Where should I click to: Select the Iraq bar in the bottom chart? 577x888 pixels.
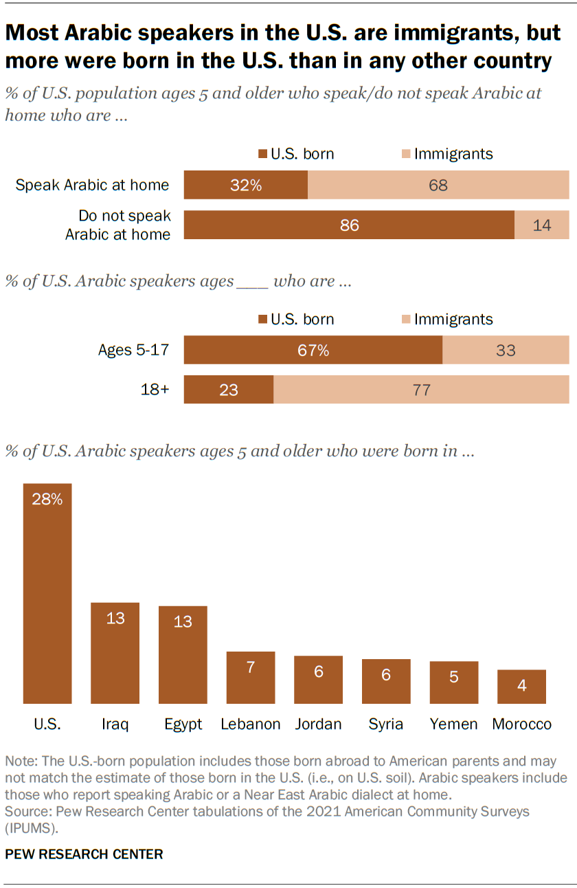[115, 653]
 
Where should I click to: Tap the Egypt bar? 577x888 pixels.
[183, 654]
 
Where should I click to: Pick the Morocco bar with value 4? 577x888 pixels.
[522, 687]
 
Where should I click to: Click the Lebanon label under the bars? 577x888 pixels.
[251, 724]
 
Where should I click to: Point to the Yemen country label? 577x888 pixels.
[453, 724]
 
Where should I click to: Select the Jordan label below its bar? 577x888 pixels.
[318, 724]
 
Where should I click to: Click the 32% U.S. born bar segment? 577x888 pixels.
[246, 185]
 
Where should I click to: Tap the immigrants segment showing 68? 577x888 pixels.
[438, 185]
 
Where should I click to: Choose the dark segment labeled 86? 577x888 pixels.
[349, 225]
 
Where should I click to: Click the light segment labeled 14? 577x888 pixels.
[542, 225]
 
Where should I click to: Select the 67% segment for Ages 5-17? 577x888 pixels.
[313, 351]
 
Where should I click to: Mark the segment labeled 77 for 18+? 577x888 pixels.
[421, 390]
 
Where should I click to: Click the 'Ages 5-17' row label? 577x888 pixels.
[134, 351]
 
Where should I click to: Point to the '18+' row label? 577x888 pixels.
[155, 390]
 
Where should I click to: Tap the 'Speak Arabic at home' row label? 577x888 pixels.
[92, 185]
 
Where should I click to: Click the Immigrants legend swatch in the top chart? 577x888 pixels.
[405, 154]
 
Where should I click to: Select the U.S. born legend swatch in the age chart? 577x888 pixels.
[262, 320]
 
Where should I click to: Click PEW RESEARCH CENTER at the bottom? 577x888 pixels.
[84, 854]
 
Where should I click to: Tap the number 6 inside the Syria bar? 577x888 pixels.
[386, 675]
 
